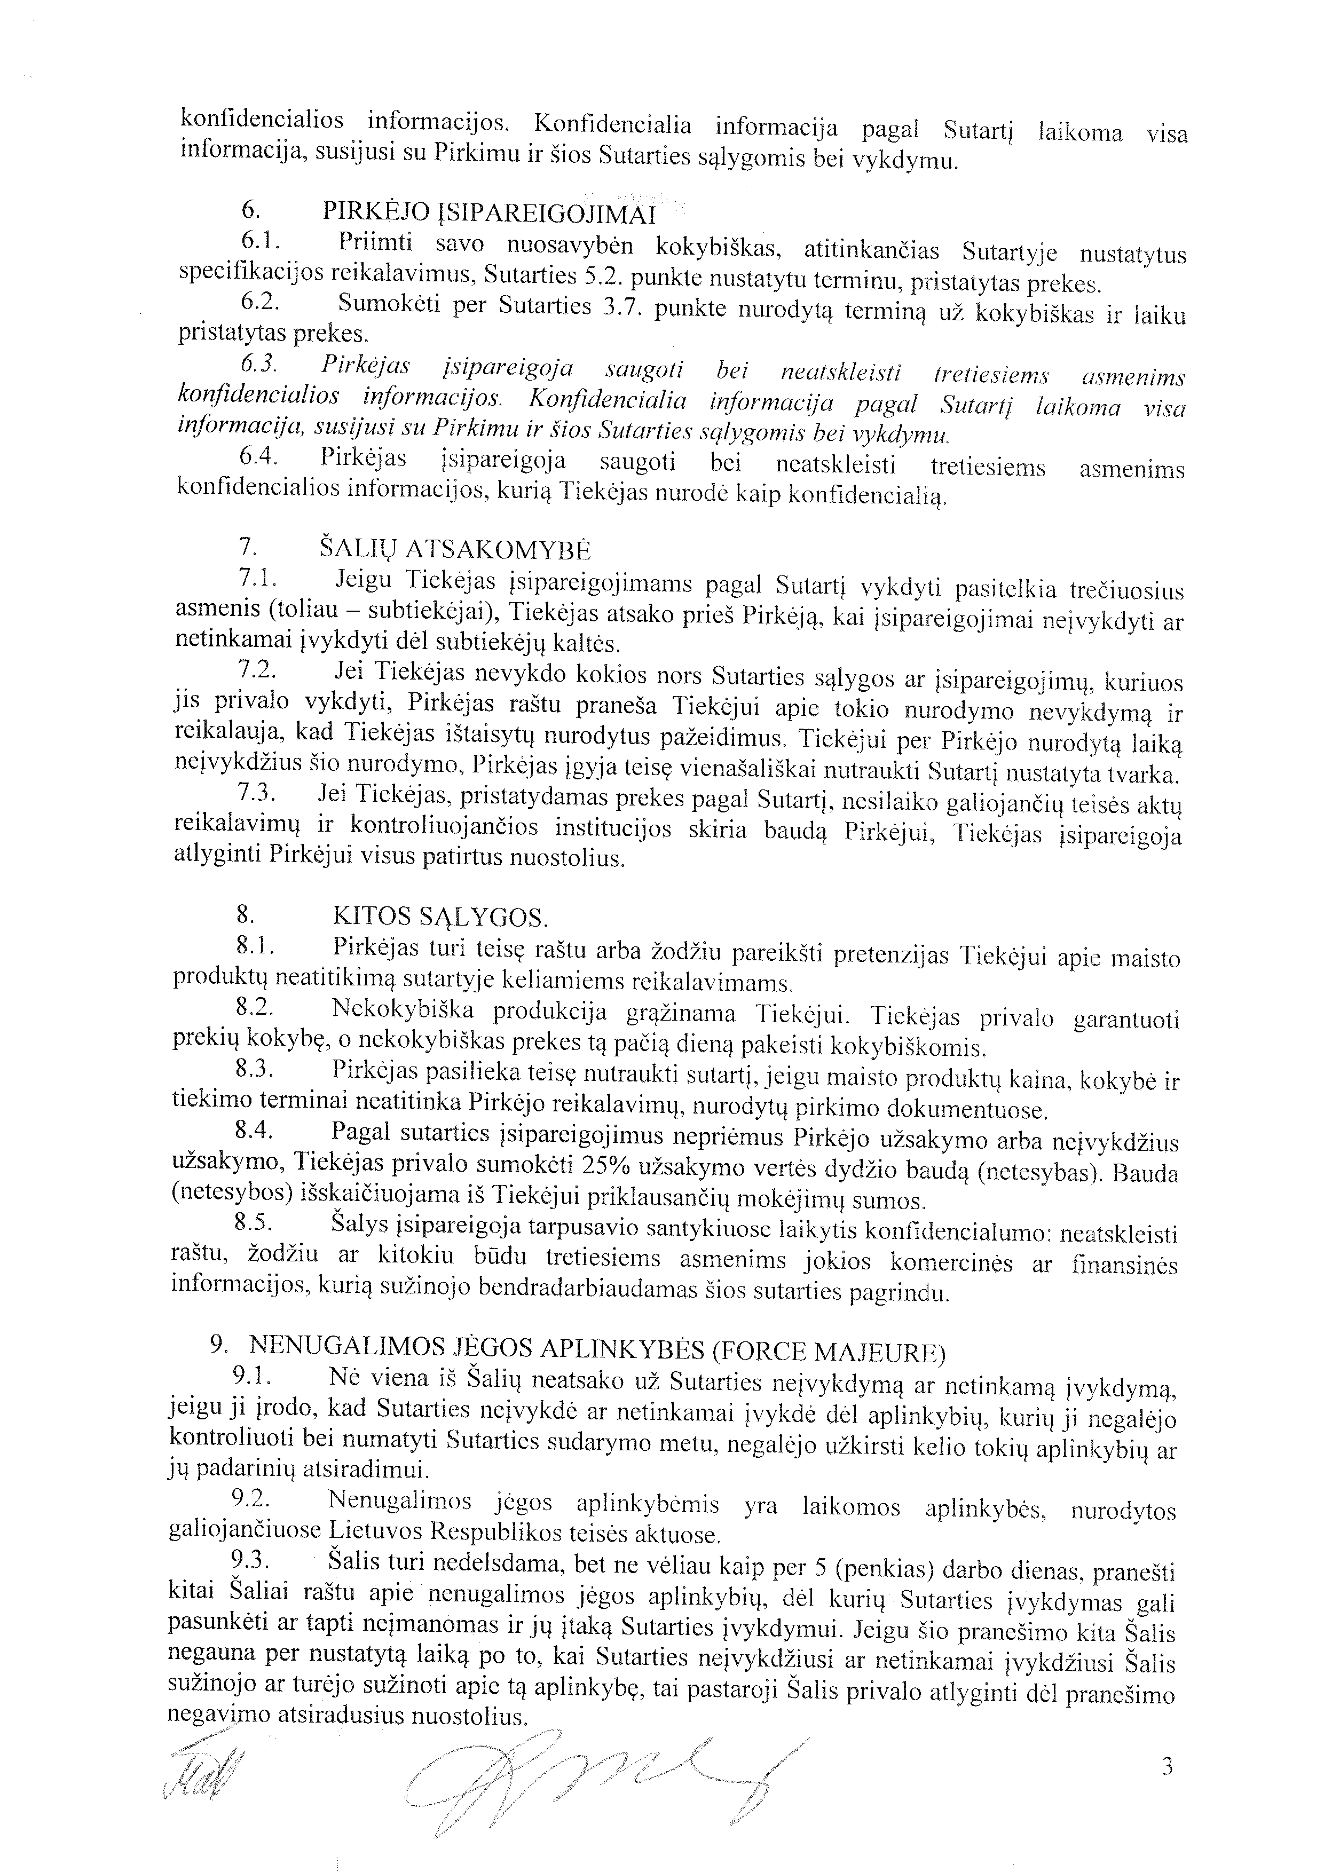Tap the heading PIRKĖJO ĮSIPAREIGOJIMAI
tap(489, 213)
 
